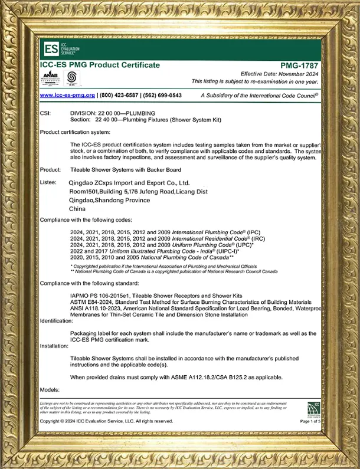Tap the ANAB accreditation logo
pos(51,77)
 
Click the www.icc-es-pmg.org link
pos(67,95)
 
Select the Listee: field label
pos(48,182)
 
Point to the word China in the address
pos(77,209)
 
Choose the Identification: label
pos(57,320)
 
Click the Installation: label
pos(54,346)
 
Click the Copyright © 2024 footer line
pos(106,421)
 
